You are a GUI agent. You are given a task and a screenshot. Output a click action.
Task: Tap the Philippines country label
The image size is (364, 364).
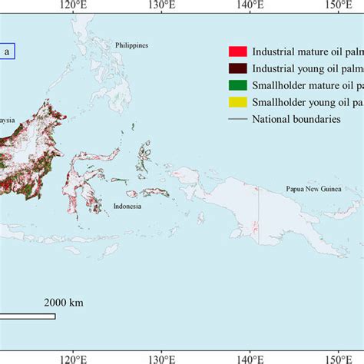coord(131,45)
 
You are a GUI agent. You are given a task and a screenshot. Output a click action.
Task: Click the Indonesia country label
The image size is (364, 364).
coord(127,206)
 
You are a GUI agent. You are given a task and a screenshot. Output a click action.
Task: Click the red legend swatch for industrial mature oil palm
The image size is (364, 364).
coord(237,51)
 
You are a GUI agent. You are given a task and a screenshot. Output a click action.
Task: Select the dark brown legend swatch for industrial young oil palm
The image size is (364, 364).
coord(237,68)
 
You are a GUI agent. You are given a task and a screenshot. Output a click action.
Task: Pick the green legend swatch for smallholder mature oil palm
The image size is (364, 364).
coord(237,85)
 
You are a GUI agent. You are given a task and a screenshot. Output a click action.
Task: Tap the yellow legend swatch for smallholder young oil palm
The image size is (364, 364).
coord(237,102)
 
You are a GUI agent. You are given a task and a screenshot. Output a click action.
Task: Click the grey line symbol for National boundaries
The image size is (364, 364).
coord(237,119)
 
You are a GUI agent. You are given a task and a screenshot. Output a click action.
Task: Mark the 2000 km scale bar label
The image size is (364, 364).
coord(63,303)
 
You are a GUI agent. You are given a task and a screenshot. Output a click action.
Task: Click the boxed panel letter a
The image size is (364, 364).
coord(7,51)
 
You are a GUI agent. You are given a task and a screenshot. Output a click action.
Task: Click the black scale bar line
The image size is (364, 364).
coord(28,316)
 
